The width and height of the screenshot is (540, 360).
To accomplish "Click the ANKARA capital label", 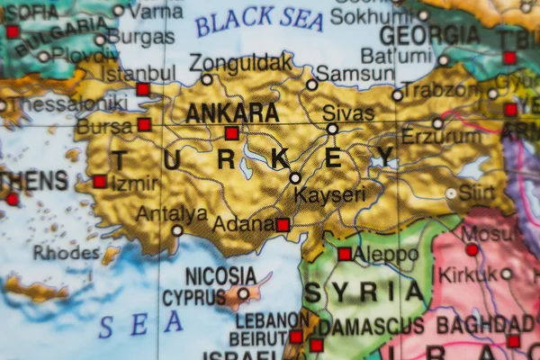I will pos(232,112).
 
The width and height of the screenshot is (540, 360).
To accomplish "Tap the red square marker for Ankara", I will pos(232,133).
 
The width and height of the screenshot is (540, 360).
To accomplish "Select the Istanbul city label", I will pos(139,72).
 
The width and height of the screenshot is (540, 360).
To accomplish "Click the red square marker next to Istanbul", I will pos(143,89).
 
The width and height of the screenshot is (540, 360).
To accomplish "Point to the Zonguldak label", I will pos(240,63).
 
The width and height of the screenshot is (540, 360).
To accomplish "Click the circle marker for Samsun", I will pos(311,85).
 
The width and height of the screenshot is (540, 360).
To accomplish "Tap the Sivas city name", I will pos(347,113).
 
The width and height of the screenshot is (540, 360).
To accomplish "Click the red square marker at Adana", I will pos(283,224).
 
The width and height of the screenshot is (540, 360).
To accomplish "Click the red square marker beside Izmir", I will pos(100,181).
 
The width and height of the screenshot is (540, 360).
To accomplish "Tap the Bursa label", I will pos(104,127).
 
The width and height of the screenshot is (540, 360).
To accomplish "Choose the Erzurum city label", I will pos(441,137).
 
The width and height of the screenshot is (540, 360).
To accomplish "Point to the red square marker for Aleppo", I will pos(345,254).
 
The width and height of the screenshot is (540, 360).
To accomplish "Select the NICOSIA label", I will pos(220,275).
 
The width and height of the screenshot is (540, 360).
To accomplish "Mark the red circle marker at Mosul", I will pos(472,249).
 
